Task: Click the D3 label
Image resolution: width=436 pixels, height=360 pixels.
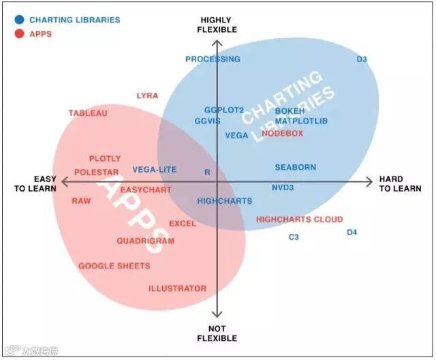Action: tap(362, 59)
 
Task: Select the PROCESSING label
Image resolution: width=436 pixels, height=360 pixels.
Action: tap(213, 59)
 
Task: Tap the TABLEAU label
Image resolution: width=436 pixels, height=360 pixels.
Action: tap(88, 113)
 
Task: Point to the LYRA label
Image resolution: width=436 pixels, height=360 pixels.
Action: tap(147, 95)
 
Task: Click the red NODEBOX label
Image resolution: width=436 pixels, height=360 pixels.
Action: tap(282, 134)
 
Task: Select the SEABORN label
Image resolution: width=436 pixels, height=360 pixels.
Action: tap(295, 167)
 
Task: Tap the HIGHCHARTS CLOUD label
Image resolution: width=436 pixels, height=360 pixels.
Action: tap(299, 220)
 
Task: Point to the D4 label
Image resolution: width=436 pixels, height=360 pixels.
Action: tap(352, 232)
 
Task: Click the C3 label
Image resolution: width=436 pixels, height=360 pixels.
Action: tap(294, 237)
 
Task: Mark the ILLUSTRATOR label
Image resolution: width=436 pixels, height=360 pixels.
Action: tap(177, 288)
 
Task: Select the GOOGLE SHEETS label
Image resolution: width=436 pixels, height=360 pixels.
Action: tap(114, 266)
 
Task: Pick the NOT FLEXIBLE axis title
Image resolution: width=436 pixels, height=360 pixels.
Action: tap(217, 333)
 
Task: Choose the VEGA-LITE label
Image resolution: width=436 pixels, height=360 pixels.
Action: tap(154, 169)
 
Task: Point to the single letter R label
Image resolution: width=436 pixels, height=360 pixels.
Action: tap(207, 172)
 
